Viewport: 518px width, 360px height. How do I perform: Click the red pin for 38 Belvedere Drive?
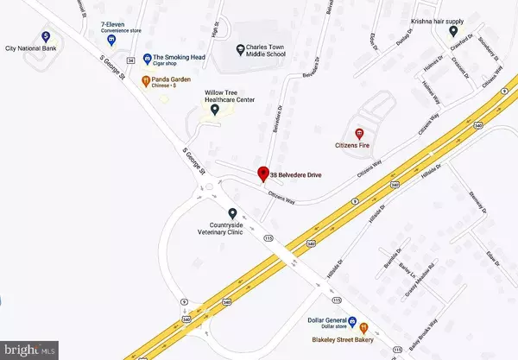263,173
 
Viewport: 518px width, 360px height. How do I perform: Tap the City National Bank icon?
45,37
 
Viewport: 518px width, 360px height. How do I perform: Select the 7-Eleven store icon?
113,38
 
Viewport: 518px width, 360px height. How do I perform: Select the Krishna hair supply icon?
453,31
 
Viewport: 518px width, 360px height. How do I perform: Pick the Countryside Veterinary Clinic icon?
231,212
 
